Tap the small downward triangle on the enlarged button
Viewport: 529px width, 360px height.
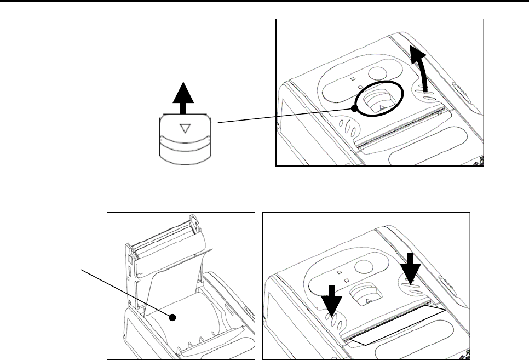pyautogui.click(x=185, y=128)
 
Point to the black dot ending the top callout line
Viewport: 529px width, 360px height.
pyautogui.click(x=354, y=109)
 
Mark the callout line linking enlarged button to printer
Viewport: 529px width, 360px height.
pyautogui.click(x=285, y=116)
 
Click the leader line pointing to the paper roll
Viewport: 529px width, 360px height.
pyautogui.click(x=126, y=293)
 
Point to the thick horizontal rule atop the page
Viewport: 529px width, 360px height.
pyautogui.click(x=264, y=2)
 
